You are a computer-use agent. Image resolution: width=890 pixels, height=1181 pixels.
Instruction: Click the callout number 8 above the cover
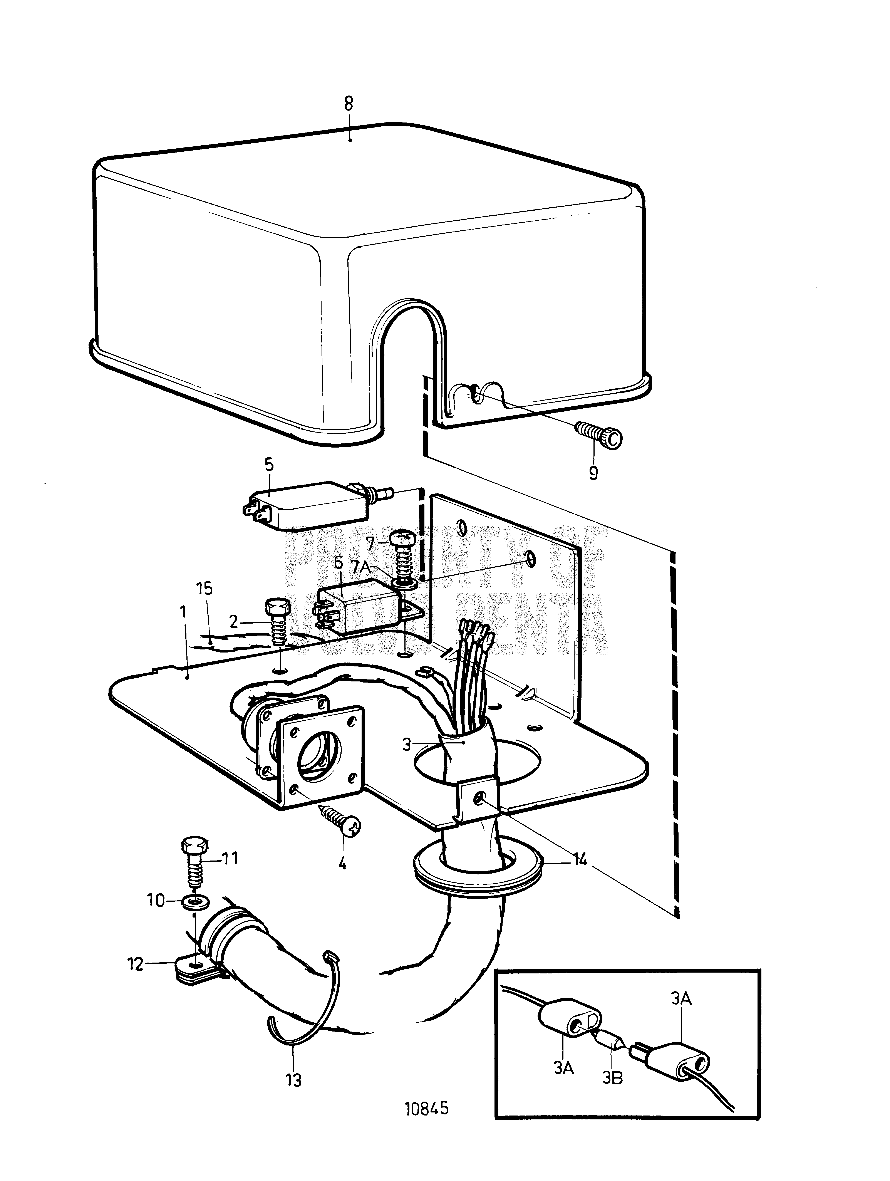349,104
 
